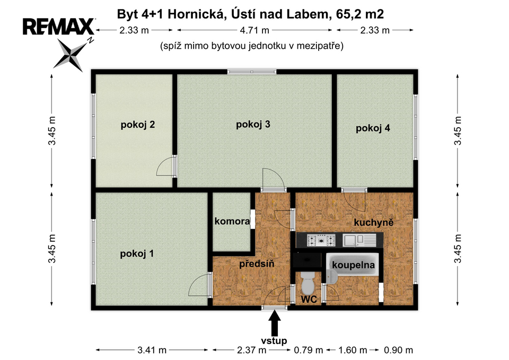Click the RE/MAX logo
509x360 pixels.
(59, 27)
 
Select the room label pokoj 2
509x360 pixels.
(138, 125)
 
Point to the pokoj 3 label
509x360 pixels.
(253, 124)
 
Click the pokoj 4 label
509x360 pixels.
(373, 128)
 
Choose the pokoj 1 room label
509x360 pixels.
(137, 253)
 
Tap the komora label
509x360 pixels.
(232, 222)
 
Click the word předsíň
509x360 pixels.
(257, 264)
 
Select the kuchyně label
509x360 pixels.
(374, 222)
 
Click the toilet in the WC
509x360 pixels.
(308, 283)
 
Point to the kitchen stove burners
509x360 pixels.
(321, 240)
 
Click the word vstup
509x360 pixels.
(274, 340)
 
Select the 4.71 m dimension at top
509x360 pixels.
(254, 30)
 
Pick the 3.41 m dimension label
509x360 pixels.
(152, 350)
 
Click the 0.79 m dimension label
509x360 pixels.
(309, 350)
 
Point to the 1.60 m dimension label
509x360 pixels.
(353, 350)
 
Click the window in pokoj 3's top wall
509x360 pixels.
(251, 72)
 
